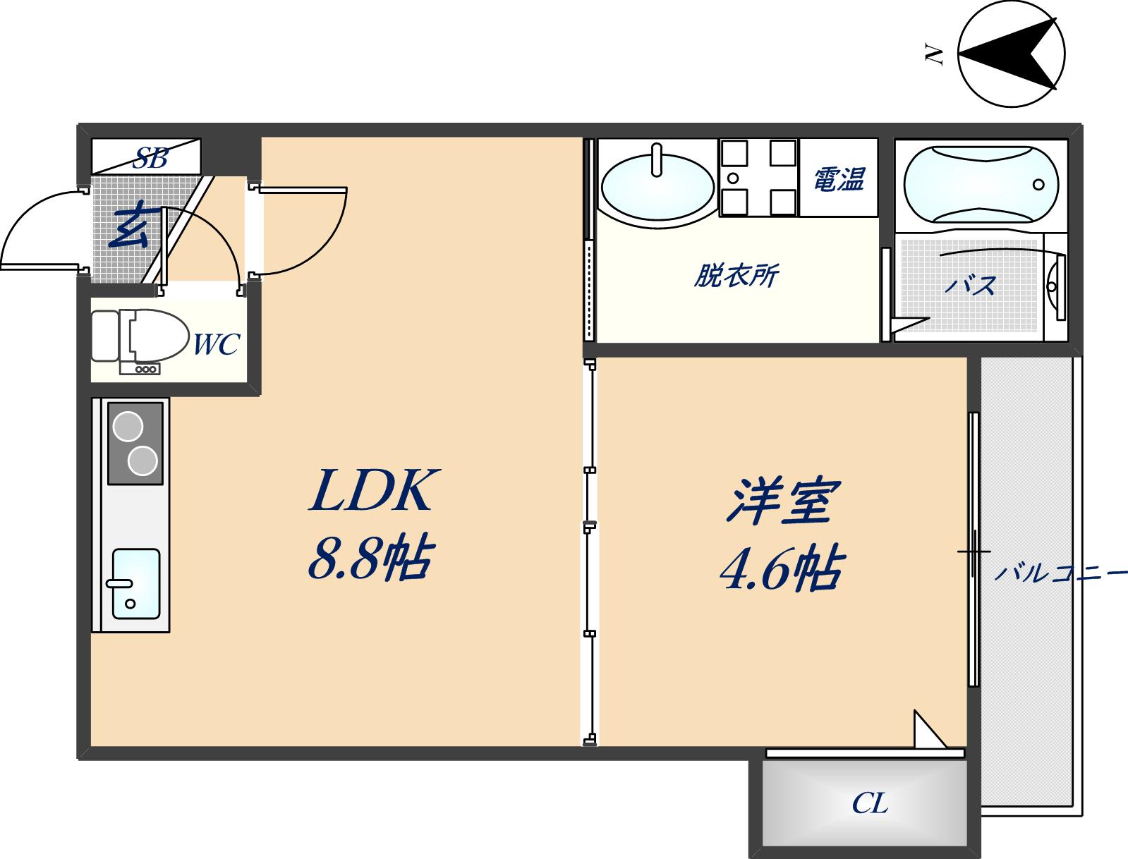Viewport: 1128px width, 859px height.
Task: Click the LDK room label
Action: coord(372,491)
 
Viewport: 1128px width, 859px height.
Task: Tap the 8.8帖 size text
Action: coord(369,559)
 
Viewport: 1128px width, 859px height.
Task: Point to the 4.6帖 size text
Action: coord(781,570)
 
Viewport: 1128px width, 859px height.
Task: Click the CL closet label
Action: coord(870,803)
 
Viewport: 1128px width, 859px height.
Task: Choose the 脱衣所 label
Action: coord(736,276)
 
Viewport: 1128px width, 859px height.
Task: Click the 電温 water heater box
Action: coord(839,179)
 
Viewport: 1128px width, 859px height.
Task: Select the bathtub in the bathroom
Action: coord(981,184)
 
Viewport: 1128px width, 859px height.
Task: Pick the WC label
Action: coord(216,345)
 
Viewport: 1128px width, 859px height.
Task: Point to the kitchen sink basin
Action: coord(135,584)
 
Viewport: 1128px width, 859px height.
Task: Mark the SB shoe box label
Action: coord(151,158)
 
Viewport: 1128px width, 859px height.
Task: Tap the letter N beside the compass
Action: coord(935,54)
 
